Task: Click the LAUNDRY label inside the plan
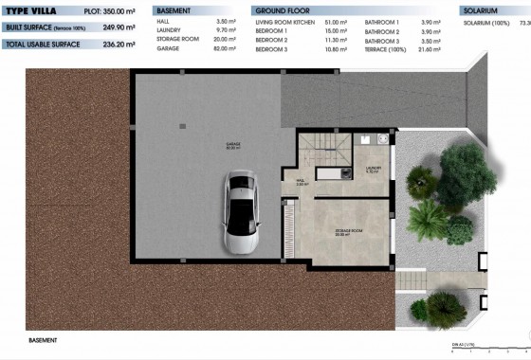(373, 170)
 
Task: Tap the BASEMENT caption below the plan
(43, 339)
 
